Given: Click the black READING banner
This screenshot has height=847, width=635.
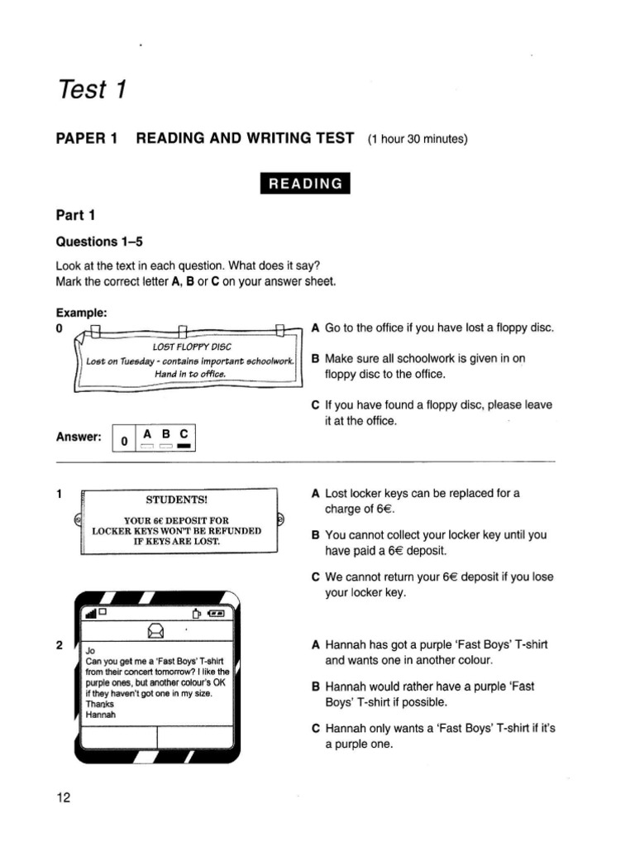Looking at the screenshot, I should (303, 184).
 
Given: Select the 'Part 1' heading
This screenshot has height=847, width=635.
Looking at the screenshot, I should (76, 216).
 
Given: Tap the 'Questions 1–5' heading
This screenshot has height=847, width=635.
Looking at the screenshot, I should (98, 242).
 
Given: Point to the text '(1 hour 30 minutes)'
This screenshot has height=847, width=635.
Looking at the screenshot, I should (418, 139).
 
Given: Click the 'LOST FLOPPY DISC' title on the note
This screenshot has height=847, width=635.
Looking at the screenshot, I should (189, 347).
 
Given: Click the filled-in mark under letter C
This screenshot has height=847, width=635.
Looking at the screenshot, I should (184, 447).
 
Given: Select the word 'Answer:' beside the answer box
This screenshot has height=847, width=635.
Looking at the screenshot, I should (78, 438).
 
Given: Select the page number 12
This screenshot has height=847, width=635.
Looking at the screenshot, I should (64, 797).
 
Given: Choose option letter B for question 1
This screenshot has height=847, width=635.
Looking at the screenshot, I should (315, 535).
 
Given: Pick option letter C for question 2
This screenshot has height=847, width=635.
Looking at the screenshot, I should (315, 729).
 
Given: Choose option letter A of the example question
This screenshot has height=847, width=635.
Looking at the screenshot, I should (315, 328).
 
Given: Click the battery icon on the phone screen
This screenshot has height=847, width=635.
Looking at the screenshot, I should (217, 614).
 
